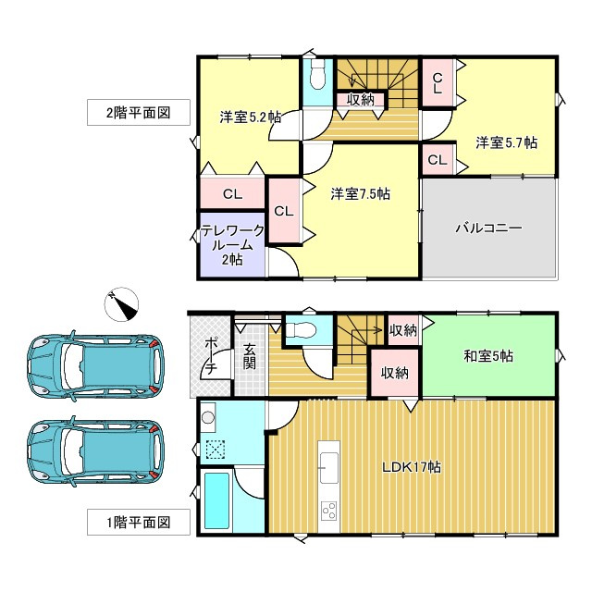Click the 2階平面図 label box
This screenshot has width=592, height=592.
(138, 113)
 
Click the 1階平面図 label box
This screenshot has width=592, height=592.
(138, 523)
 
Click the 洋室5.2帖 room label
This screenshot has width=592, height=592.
(251, 117)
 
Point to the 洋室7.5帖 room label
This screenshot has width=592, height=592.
(360, 194)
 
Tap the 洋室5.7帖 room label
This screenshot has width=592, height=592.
(507, 142)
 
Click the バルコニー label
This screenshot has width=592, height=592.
(489, 227)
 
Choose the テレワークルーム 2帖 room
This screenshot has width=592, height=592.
(233, 245)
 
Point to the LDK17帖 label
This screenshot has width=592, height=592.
(412, 467)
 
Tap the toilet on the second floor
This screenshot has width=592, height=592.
(315, 75)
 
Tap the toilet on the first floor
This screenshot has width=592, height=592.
(302, 329)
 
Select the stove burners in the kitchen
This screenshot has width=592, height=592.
(329, 510)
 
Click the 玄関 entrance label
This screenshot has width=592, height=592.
(250, 357)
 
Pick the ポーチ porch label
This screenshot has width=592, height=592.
(210, 356)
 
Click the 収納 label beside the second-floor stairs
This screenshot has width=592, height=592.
(360, 100)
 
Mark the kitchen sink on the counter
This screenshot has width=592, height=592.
(329, 463)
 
